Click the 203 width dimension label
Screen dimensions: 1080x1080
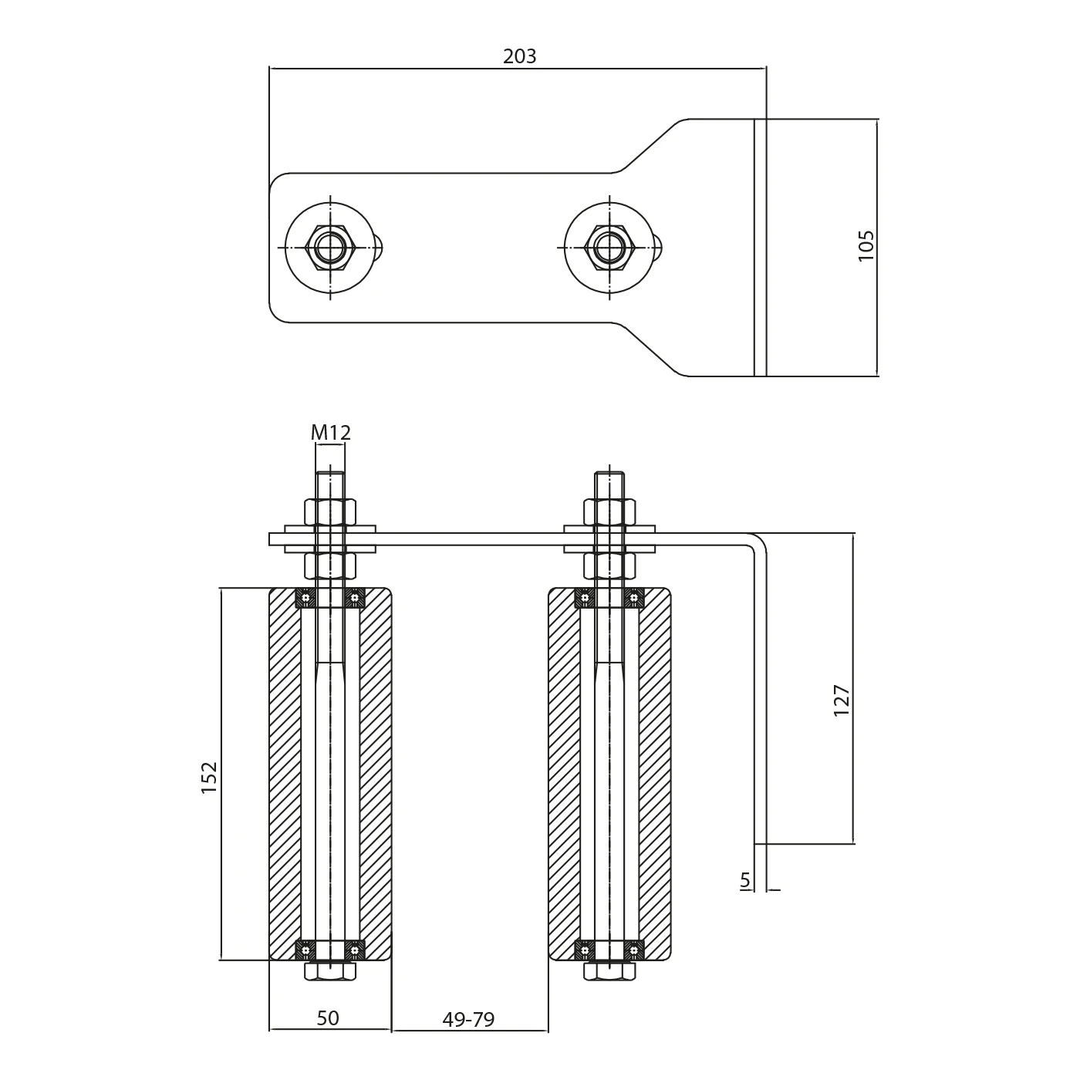pyautogui.click(x=519, y=56)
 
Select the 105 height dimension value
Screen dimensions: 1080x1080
pyautogui.click(x=866, y=245)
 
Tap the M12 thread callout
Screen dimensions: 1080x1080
pyautogui.click(x=331, y=433)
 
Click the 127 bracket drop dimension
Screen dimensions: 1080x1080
pyautogui.click(x=842, y=700)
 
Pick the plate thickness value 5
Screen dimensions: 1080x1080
pyautogui.click(x=744, y=879)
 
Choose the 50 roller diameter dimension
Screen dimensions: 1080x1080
pyautogui.click(x=328, y=1018)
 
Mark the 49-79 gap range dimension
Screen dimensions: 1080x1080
pyautogui.click(x=468, y=1019)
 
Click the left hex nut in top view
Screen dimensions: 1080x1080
pyautogui.click(x=330, y=247)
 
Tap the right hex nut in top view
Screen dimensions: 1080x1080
pyautogui.click(x=609, y=247)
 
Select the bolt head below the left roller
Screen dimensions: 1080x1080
pyautogui.click(x=330, y=971)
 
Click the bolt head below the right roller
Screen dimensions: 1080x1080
pyautogui.click(x=609, y=971)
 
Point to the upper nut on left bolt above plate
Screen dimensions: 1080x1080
pyautogui.click(x=330, y=511)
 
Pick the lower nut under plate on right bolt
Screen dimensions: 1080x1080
pyautogui.click(x=609, y=565)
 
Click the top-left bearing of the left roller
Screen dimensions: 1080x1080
pyautogui.click(x=306, y=598)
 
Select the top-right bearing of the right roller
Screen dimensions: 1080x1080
pyautogui.click(x=633, y=598)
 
